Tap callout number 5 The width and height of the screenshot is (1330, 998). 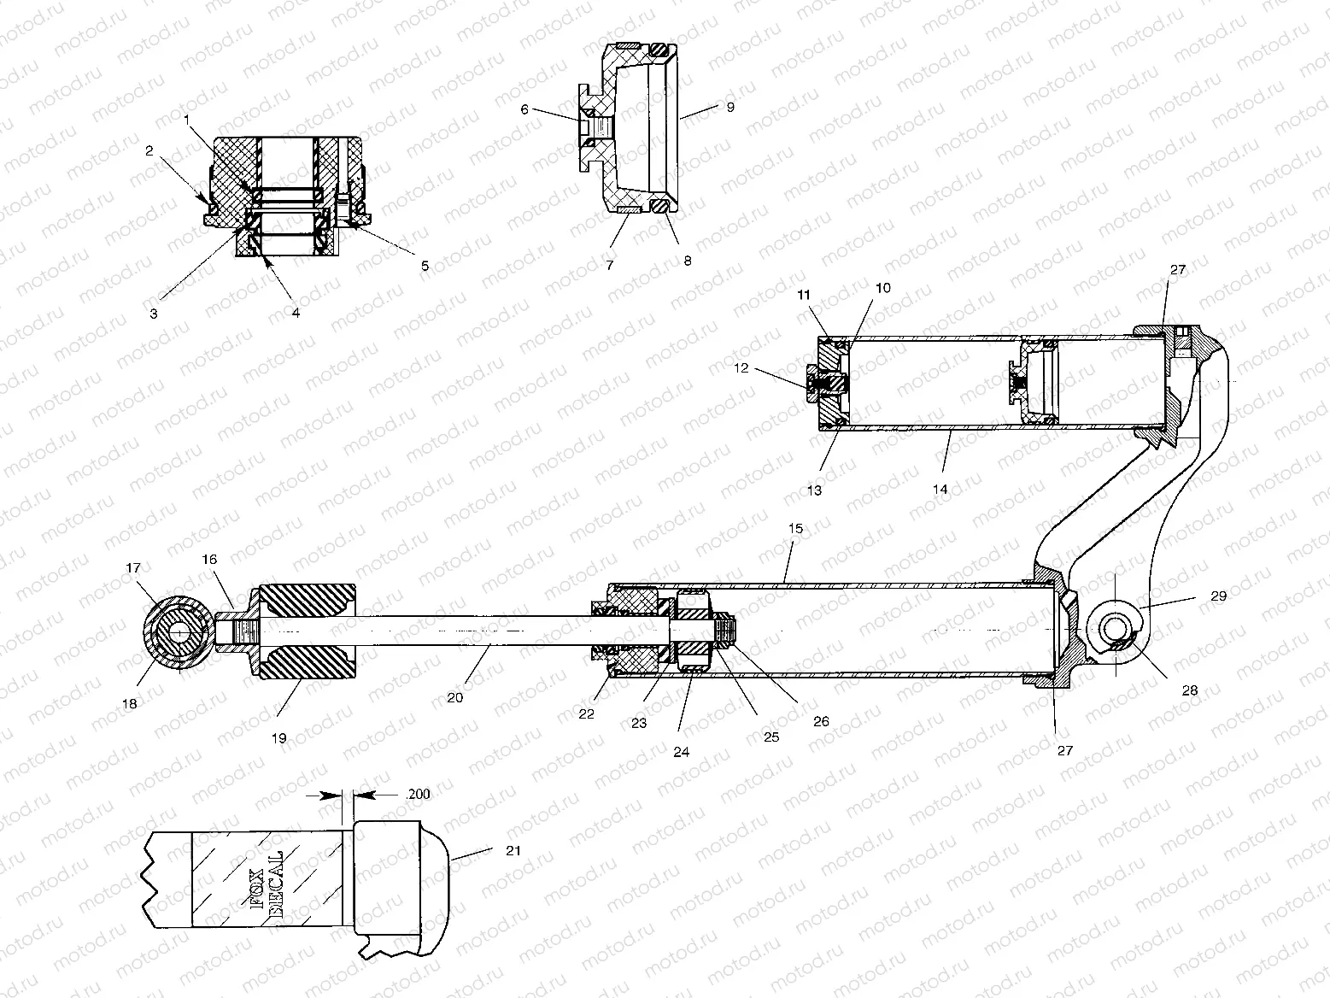tap(425, 265)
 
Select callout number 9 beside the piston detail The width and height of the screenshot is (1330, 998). tap(730, 108)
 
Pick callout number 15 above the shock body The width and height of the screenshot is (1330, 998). tap(795, 529)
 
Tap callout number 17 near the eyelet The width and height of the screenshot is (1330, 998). tap(134, 567)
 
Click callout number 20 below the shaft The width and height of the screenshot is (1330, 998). tap(454, 698)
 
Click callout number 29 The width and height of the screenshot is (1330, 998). tap(1218, 596)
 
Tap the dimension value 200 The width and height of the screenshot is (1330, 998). tap(419, 794)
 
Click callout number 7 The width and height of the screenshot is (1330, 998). tap(610, 265)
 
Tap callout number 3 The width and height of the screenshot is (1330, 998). tap(154, 314)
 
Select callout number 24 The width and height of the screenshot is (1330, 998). tap(681, 753)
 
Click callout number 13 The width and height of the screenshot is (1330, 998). tap(814, 490)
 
